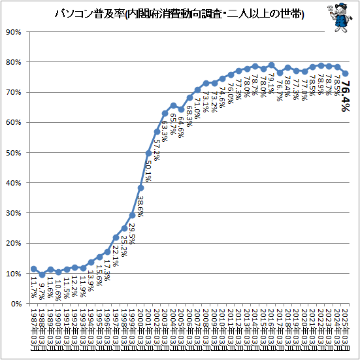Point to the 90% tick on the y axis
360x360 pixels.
tap(15, 32)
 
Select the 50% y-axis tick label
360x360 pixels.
tap(15, 153)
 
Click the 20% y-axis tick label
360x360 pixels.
tap(15, 244)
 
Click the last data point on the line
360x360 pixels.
tap(345, 73)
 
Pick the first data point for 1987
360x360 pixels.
tap(34, 269)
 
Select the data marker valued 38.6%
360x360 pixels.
tap(140, 188)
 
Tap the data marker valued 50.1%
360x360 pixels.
tap(148, 153)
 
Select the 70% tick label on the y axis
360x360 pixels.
tap(15, 93)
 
